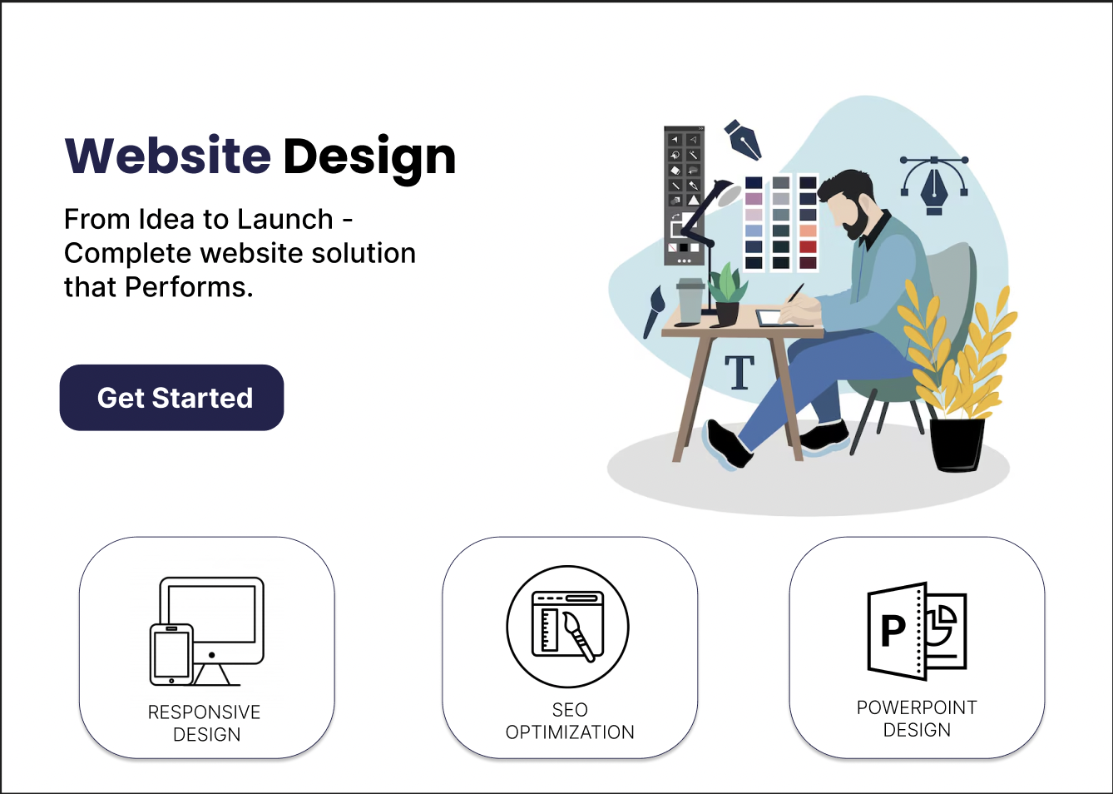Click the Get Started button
171,397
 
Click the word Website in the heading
168,156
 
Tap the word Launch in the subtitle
284,219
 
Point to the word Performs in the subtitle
189,287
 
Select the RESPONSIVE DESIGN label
205,723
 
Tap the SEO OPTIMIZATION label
570,721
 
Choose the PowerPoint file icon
917,630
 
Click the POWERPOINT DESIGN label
917,718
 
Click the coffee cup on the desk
690,300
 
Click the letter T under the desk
740,372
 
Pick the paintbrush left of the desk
653,311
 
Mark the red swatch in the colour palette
808,247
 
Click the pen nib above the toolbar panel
743,140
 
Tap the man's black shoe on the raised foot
729,444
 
